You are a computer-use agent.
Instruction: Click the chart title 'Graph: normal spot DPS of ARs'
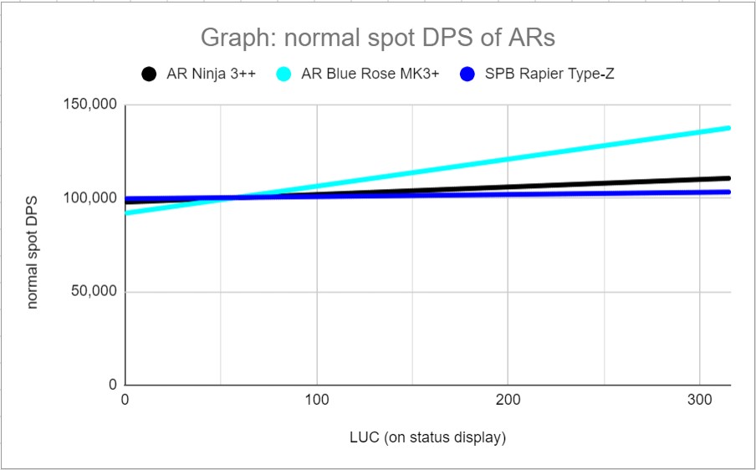click(x=377, y=38)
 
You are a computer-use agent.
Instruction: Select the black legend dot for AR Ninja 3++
click(x=150, y=74)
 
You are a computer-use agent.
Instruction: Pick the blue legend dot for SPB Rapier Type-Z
click(x=469, y=74)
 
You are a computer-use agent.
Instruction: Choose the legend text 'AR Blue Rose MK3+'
click(x=365, y=74)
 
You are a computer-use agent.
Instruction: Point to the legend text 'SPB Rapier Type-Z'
click(x=549, y=74)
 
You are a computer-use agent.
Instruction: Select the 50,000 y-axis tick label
click(x=93, y=293)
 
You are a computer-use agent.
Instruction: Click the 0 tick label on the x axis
click(x=125, y=402)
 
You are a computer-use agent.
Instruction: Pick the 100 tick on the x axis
click(x=317, y=402)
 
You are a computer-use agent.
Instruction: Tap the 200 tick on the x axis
click(x=508, y=402)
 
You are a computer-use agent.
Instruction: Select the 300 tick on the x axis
click(x=700, y=402)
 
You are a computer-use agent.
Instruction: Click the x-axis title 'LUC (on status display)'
click(x=427, y=437)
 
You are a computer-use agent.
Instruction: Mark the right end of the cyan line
click(x=728, y=128)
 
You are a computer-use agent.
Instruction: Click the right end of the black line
click(x=728, y=178)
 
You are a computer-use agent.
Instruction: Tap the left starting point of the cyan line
click(x=125, y=213)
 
